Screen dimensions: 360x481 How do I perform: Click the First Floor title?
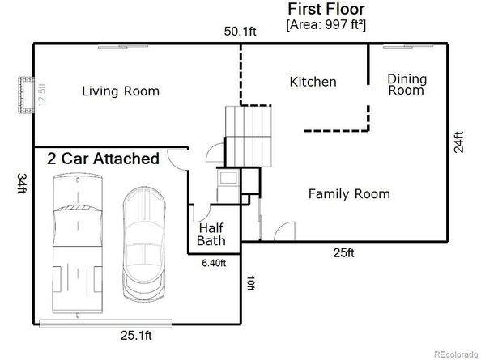[x=326, y=9]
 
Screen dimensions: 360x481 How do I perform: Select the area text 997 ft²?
[x=338, y=24]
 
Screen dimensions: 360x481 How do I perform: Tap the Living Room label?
[x=121, y=91]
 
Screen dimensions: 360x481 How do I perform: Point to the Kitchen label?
[x=313, y=82]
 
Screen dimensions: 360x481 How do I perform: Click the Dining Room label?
[x=407, y=84]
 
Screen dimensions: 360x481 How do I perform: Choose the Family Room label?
[x=349, y=194]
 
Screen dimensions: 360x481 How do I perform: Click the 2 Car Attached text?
[x=103, y=159]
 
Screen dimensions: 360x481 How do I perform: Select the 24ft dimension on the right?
[x=459, y=142]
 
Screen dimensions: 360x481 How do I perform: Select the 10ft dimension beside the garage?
[x=251, y=285]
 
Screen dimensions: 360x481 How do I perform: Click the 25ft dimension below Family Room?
[x=343, y=253]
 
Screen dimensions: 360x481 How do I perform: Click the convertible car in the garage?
[x=144, y=243]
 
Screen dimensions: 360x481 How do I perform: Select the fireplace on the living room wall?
[x=27, y=95]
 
